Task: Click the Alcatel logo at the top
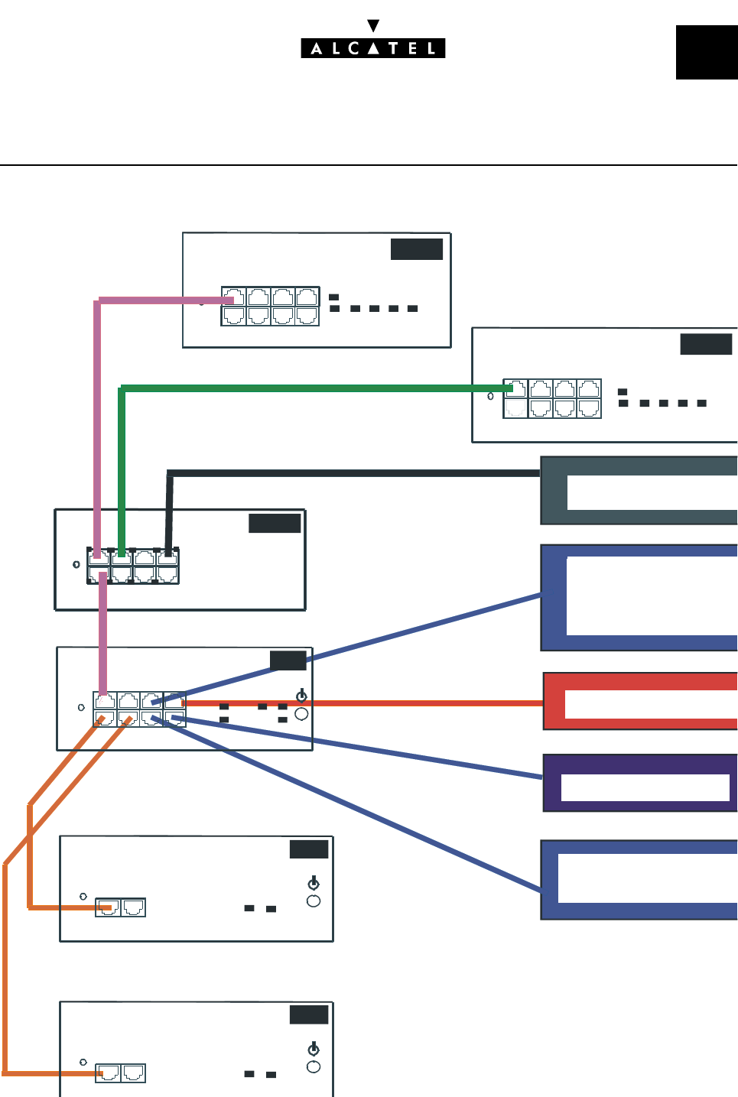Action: (373, 47)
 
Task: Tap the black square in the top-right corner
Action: (706, 52)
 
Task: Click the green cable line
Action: (306, 388)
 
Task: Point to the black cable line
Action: (352, 473)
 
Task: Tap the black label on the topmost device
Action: (417, 249)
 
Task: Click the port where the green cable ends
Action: (516, 388)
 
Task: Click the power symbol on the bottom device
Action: (314, 1049)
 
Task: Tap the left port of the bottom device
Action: (109, 1073)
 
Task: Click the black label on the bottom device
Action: (309, 1014)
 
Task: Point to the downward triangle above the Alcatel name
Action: (373, 26)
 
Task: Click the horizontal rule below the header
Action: (369, 164)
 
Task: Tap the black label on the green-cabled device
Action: (706, 344)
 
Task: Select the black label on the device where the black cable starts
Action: (275, 523)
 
